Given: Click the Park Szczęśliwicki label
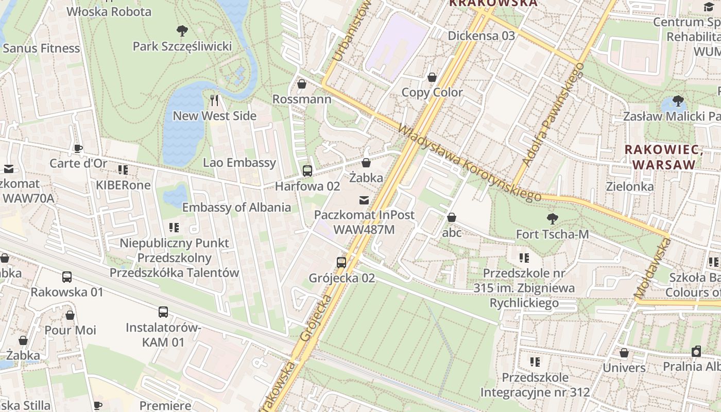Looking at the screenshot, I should [x=182, y=46].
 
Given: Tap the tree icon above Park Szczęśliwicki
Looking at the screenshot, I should [x=182, y=31].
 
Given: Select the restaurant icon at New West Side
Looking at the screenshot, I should [x=215, y=100].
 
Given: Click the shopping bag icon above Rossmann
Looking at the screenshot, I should [x=302, y=83].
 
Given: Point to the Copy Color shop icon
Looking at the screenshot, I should [x=432, y=77].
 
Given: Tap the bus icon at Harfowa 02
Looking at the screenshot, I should [x=307, y=170].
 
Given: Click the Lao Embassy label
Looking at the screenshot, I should [x=239, y=163].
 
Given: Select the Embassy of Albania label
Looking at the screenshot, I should [x=236, y=208].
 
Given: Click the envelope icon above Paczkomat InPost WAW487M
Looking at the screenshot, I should [x=364, y=199].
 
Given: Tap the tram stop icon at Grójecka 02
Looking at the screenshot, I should [x=341, y=262].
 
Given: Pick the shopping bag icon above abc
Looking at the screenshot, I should [x=452, y=217].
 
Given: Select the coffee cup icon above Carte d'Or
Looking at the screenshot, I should [x=78, y=148].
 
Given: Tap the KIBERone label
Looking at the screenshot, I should [x=123, y=185].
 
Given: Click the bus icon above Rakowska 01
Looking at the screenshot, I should [x=67, y=277].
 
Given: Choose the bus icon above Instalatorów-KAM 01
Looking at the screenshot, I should [x=163, y=312].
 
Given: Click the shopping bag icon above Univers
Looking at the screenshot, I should [x=624, y=353].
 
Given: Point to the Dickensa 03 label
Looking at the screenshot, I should [x=481, y=36].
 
